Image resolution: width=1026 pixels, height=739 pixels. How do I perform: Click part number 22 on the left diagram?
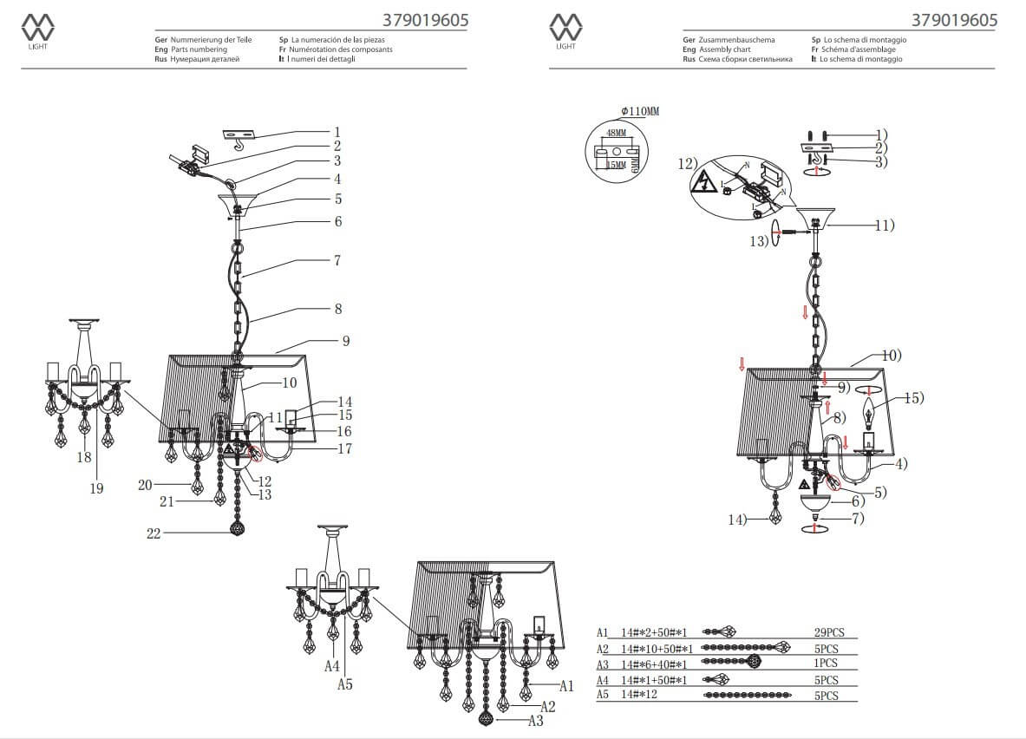pos(154,534)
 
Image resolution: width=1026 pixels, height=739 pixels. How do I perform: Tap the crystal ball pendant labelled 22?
pos(237,528)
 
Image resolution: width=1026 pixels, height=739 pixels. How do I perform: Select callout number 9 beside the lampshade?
pos(345,341)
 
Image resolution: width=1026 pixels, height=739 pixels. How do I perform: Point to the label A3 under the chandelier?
pos(535,721)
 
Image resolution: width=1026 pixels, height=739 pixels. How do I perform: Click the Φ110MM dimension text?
pos(640,111)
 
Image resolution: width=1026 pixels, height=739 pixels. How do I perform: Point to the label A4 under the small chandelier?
pos(332,666)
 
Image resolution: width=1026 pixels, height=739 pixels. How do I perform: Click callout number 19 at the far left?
pos(96,488)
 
